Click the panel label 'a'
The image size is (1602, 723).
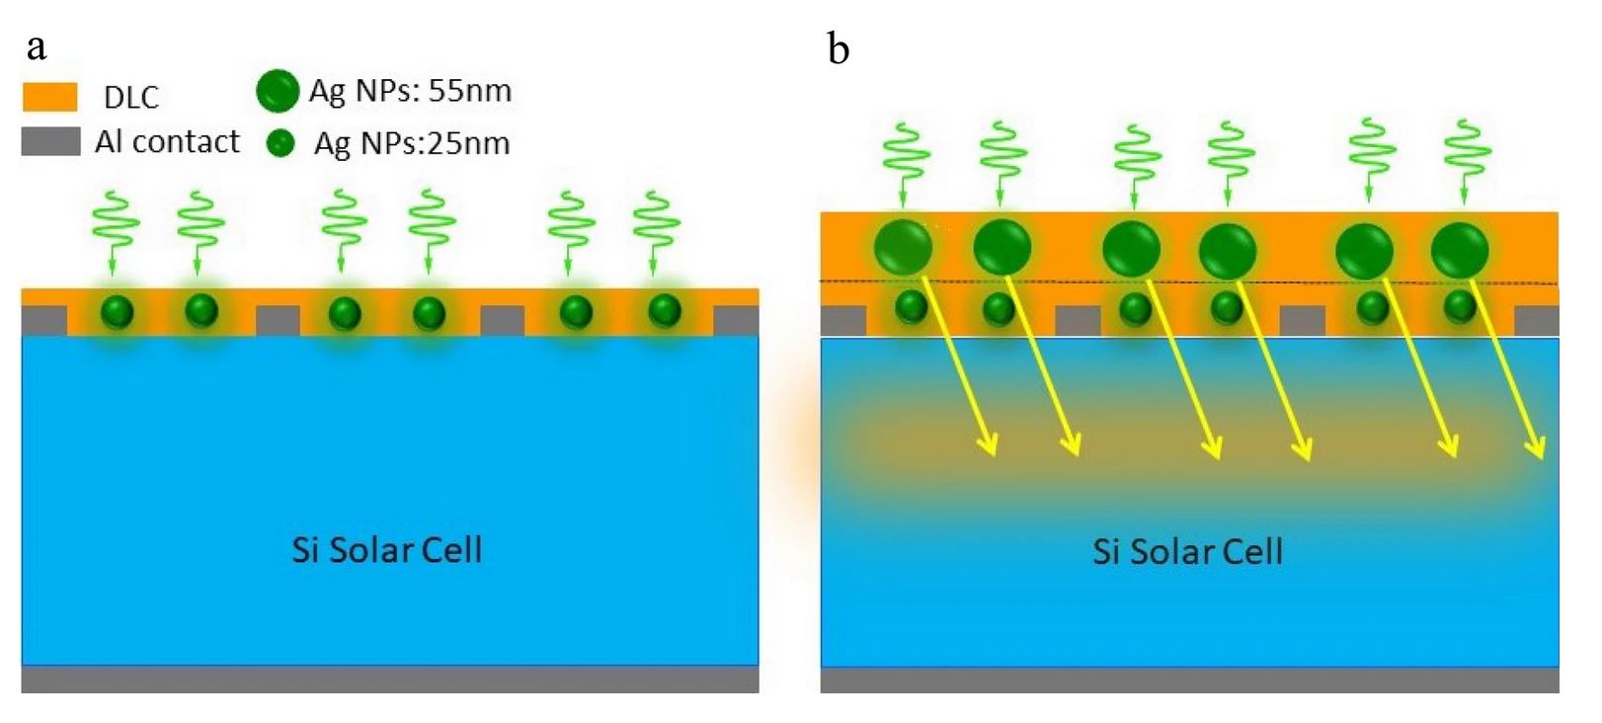click(x=37, y=47)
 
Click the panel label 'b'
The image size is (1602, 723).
click(x=839, y=48)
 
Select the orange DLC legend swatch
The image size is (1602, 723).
click(x=49, y=97)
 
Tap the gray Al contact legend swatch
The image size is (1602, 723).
click(x=50, y=141)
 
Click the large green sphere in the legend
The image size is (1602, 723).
click(x=278, y=91)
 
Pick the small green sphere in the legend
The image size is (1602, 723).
click(x=281, y=144)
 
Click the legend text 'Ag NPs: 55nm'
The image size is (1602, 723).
click(x=410, y=91)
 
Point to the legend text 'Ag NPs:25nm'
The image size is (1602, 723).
click(x=411, y=144)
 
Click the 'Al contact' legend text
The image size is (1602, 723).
click(x=167, y=142)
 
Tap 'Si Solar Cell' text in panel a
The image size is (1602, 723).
click(x=387, y=550)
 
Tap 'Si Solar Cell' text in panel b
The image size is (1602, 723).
click(x=1187, y=551)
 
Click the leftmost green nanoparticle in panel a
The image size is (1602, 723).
click(x=118, y=312)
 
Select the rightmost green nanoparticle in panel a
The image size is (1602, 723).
click(x=664, y=311)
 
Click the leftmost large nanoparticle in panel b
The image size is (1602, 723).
click(x=903, y=247)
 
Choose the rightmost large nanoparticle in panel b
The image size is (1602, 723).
click(x=1459, y=249)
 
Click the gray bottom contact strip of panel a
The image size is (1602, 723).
click(x=390, y=680)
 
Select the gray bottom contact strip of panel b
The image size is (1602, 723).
click(x=1189, y=680)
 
